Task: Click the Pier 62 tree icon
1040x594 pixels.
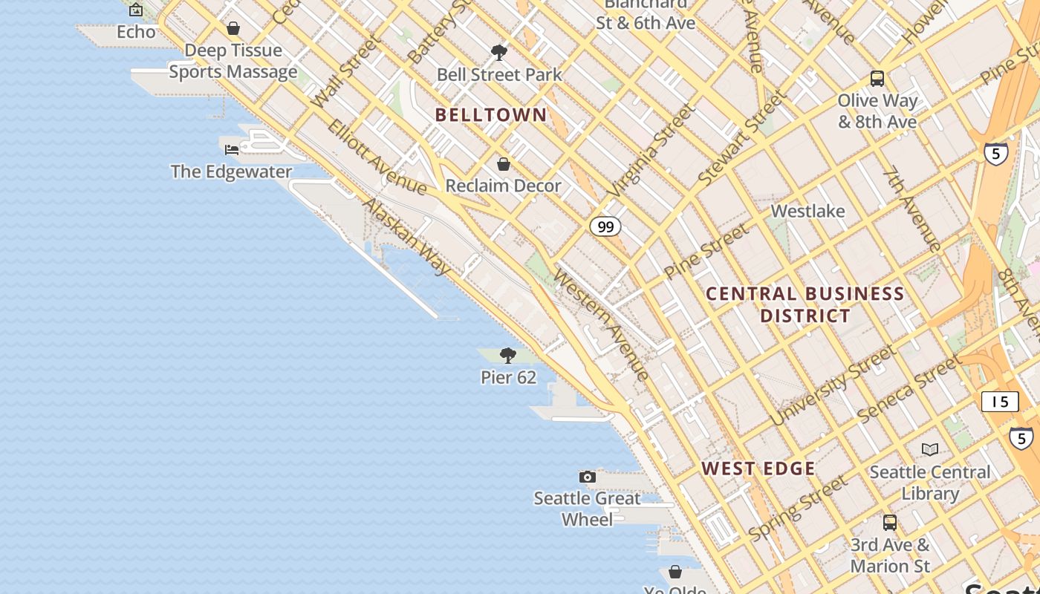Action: pos(508,356)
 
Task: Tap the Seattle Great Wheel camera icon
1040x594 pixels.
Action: pos(588,477)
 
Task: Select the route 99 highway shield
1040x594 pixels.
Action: pos(605,226)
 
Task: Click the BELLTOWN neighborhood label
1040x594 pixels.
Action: pos(491,115)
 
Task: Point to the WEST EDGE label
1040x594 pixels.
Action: pos(758,469)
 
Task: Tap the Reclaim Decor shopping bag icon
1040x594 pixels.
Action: pos(504,164)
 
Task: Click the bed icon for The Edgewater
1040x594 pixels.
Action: pos(232,149)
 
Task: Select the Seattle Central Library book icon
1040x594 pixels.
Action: pos(930,449)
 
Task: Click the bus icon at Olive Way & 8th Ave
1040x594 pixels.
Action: pos(877,79)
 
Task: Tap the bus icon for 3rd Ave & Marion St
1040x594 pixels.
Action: pos(890,523)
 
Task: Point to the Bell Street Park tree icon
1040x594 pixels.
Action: pos(499,53)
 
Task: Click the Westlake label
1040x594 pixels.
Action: pos(807,211)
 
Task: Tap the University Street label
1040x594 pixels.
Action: pos(832,385)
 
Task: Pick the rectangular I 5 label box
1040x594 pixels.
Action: pos(1000,402)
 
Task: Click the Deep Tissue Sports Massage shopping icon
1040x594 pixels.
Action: pos(233,29)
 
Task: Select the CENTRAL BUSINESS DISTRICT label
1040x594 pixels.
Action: pos(805,304)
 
